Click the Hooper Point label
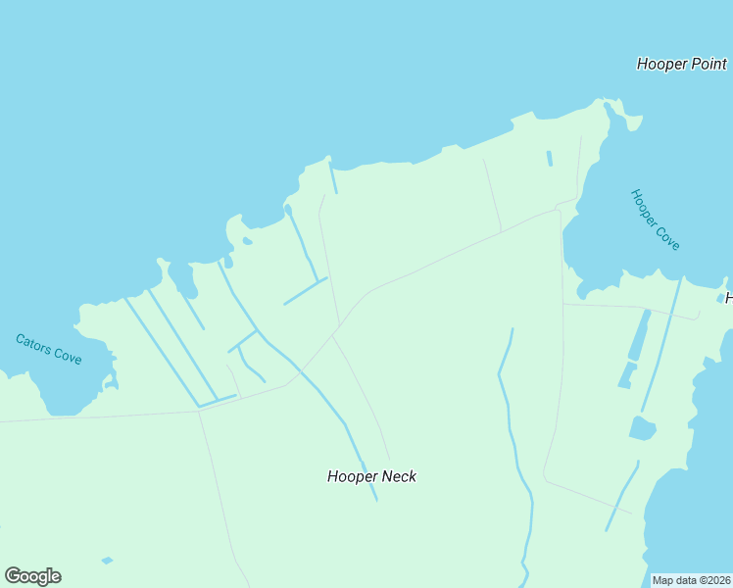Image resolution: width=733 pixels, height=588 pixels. pyautogui.click(x=681, y=65)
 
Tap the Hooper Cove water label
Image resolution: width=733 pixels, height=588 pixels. pyautogui.click(x=656, y=220)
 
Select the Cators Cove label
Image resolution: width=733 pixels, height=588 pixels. pyautogui.click(x=49, y=349)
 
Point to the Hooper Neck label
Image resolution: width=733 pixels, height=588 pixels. pyautogui.click(x=371, y=476)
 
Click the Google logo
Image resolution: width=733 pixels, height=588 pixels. pyautogui.click(x=32, y=576)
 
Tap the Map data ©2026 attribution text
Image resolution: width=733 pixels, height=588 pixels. pyautogui.click(x=690, y=580)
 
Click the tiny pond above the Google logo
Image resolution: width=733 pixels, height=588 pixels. pyautogui.click(x=107, y=561)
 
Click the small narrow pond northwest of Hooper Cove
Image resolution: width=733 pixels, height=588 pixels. pyautogui.click(x=550, y=158)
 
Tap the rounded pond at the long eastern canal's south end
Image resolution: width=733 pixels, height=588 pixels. pyautogui.click(x=642, y=428)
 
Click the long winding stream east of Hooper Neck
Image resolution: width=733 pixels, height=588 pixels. pyautogui.click(x=511, y=412)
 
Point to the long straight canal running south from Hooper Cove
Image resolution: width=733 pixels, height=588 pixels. pyautogui.click(x=661, y=343)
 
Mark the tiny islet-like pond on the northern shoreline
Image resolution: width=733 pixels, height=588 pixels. pyautogui.click(x=247, y=241)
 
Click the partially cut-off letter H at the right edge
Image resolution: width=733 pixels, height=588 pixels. pyautogui.click(x=728, y=297)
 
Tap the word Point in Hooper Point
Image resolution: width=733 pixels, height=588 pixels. pyautogui.click(x=708, y=65)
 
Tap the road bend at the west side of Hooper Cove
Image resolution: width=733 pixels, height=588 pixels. pyautogui.click(x=560, y=209)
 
